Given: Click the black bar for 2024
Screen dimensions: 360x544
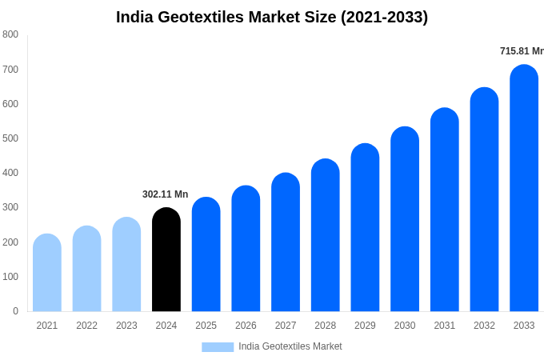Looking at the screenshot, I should click(x=166, y=260).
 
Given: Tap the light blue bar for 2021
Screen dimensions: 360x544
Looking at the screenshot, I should click(x=47, y=273).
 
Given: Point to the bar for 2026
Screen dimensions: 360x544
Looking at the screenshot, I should click(x=246, y=249).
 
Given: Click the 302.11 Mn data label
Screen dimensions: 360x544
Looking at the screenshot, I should click(x=165, y=194).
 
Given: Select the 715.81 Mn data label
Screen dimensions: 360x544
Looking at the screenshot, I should click(x=522, y=51).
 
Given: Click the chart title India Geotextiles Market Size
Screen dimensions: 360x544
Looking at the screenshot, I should click(x=272, y=17).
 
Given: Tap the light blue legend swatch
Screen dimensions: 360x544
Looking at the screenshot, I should click(x=218, y=346).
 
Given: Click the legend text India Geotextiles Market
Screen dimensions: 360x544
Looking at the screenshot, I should click(x=290, y=346).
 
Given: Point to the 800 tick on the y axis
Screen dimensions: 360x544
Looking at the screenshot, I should click(x=10, y=34).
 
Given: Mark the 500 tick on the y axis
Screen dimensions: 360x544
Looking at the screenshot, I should click(x=10, y=138).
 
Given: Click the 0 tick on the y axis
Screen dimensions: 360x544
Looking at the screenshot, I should click(x=15, y=311).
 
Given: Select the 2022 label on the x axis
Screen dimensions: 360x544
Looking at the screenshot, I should click(x=86, y=326).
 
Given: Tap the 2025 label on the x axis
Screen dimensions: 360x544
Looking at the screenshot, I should click(x=206, y=326).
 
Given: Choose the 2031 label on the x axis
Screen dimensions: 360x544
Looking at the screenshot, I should click(x=445, y=326).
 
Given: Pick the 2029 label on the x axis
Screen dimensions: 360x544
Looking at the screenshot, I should click(x=365, y=326).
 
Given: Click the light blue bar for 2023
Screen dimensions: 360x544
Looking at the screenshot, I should click(x=126, y=265).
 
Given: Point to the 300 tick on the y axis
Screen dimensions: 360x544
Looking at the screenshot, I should click(x=10, y=207).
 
